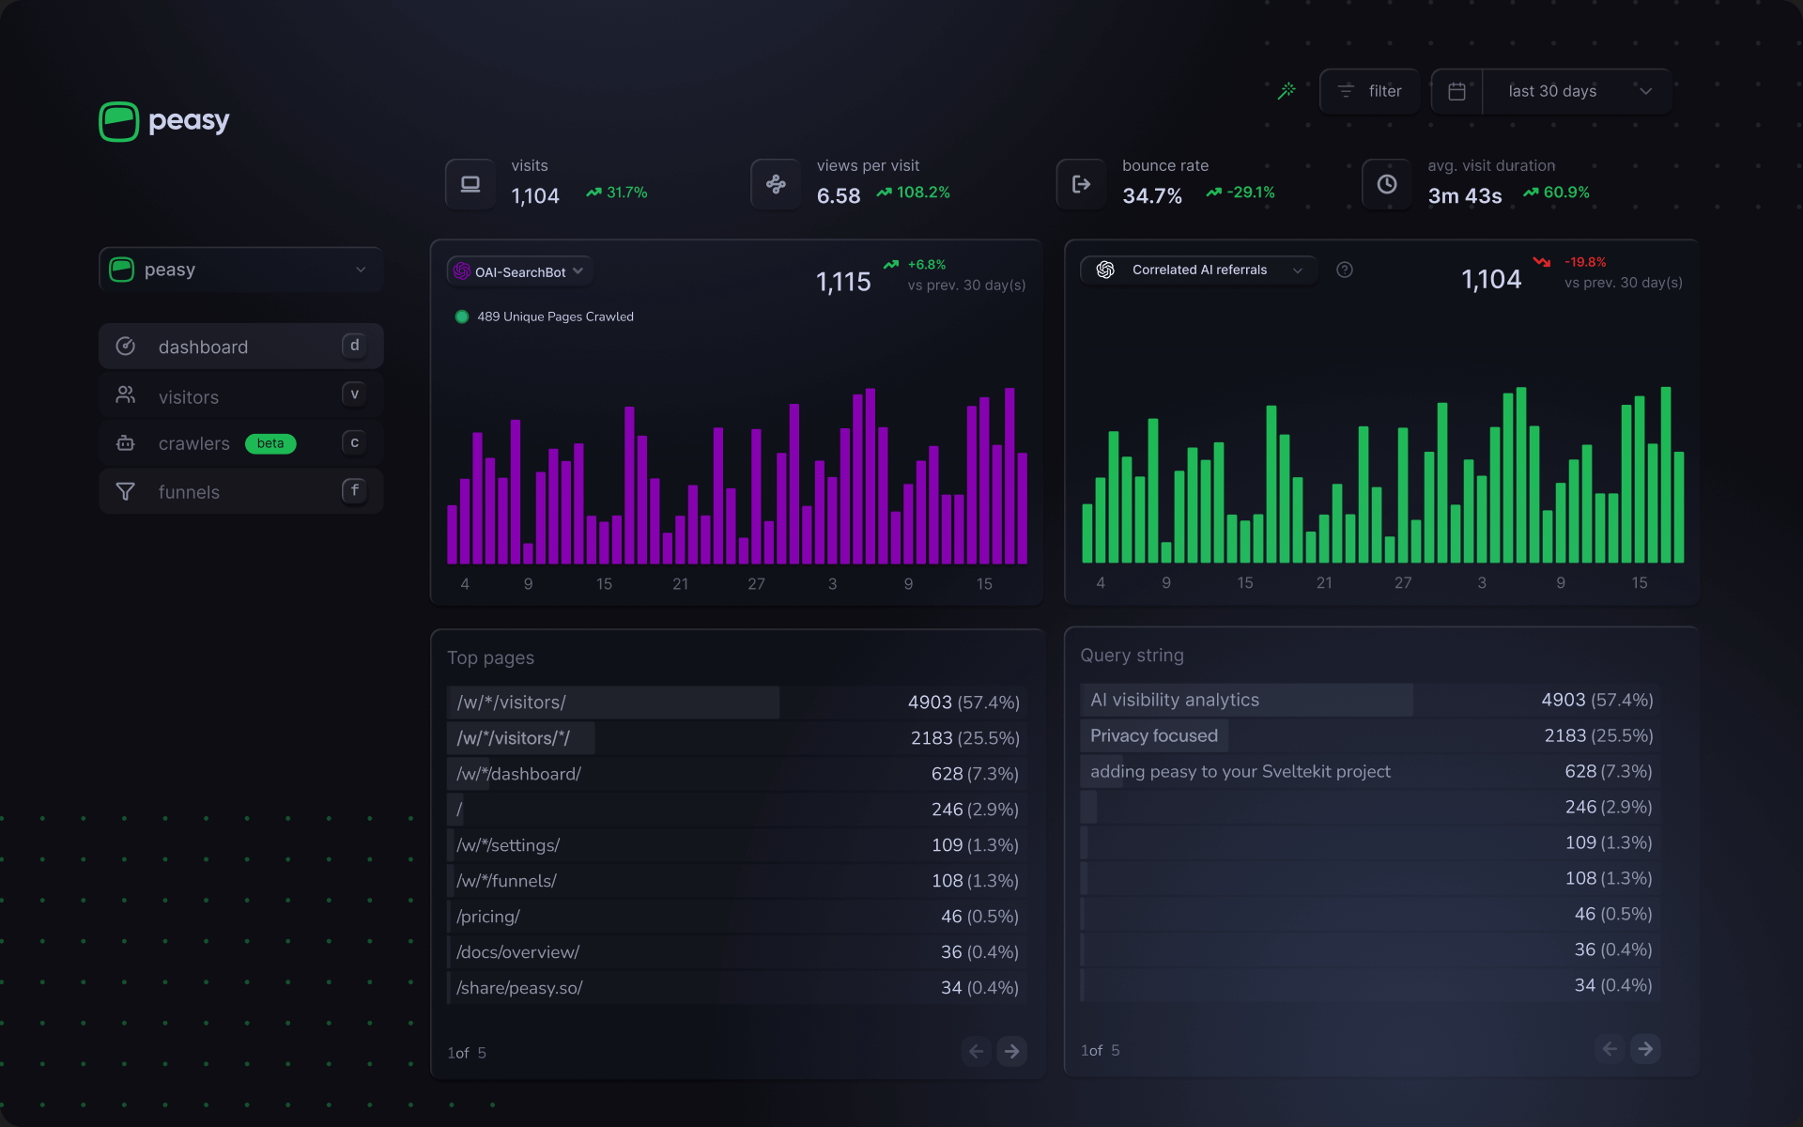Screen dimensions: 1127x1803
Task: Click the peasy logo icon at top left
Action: click(119, 121)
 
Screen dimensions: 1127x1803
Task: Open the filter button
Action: click(1370, 91)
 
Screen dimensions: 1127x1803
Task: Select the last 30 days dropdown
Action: click(1578, 91)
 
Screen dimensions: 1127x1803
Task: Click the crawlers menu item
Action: click(193, 443)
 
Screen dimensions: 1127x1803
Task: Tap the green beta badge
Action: click(270, 443)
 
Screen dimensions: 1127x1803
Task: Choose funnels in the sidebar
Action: click(189, 492)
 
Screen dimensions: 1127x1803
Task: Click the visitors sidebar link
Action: click(189, 397)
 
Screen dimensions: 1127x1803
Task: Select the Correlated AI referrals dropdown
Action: click(1199, 270)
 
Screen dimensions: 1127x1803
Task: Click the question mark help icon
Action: click(1345, 270)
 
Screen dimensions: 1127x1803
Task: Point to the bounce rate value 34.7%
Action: click(1151, 195)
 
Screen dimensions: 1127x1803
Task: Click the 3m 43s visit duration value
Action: click(1464, 195)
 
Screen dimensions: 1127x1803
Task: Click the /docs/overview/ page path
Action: click(517, 952)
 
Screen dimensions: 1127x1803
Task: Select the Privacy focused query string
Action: click(1153, 735)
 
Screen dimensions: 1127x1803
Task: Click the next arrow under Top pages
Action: click(1011, 1051)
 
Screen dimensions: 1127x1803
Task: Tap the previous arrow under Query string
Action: click(1610, 1048)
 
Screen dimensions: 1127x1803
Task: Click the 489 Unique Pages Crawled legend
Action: click(554, 316)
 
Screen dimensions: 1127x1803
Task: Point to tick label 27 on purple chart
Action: click(756, 584)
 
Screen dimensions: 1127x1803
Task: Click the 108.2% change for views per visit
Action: click(922, 193)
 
